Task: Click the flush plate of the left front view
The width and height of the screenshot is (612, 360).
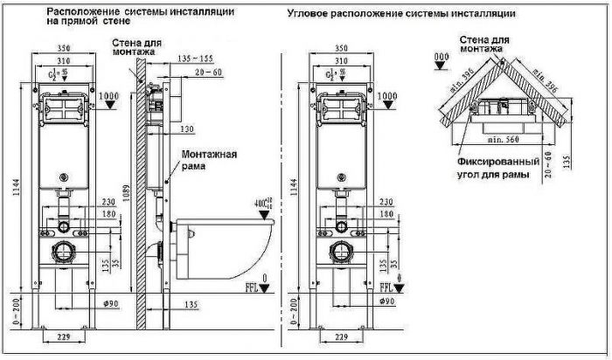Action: tap(64, 111)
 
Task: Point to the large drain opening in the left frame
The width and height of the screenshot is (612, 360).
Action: tap(64, 257)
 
